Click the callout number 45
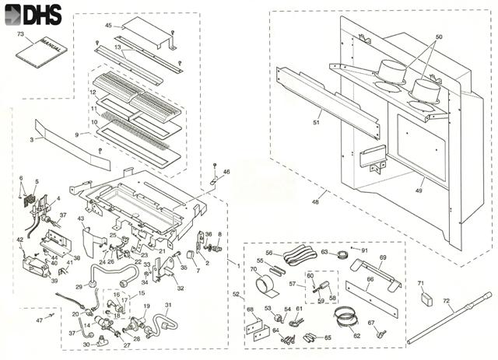(x=109, y=26)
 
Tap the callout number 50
(x=438, y=38)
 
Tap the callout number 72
(x=446, y=300)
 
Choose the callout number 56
(x=269, y=253)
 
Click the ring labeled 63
(x=341, y=254)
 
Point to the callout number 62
(x=356, y=336)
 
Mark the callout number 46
(x=226, y=171)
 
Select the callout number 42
(x=20, y=240)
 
